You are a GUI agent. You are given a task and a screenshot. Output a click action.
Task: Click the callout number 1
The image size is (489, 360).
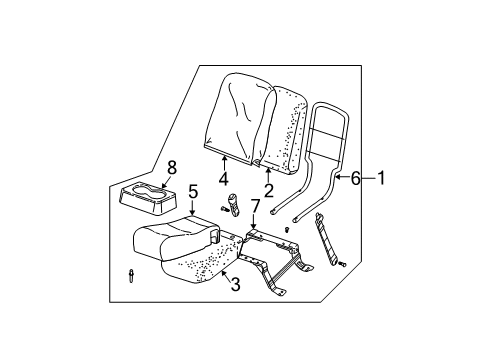[381, 178]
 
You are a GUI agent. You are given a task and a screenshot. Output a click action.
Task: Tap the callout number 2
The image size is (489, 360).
[268, 190]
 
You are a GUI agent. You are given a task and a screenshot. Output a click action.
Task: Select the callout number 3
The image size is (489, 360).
[235, 284]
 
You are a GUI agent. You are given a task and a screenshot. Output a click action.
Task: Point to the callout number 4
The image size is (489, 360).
[224, 179]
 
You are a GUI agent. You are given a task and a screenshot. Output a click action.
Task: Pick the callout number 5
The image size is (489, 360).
[193, 192]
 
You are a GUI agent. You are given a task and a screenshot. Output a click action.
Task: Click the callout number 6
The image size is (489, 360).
[356, 179]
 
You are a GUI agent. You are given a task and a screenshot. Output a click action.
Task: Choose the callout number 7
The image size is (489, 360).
[254, 206]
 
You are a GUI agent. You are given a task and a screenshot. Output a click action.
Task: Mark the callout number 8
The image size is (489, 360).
[172, 168]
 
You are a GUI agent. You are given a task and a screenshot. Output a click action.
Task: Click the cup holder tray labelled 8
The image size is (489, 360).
[147, 198]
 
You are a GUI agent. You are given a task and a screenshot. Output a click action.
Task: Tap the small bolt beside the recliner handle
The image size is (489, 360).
[223, 209]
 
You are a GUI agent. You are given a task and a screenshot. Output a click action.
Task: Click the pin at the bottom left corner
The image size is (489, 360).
[131, 276]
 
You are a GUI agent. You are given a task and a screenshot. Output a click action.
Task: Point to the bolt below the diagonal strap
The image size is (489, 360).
[342, 264]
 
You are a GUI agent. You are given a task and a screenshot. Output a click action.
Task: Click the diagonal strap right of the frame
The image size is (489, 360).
[326, 238]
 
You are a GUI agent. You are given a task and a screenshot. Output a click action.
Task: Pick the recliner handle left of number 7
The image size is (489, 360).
[233, 204]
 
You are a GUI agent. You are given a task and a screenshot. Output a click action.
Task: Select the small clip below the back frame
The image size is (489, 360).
[287, 229]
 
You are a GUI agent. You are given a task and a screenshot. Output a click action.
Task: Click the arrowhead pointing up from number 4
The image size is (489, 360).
[224, 159]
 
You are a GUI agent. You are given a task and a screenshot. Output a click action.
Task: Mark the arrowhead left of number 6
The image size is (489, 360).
[338, 177]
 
